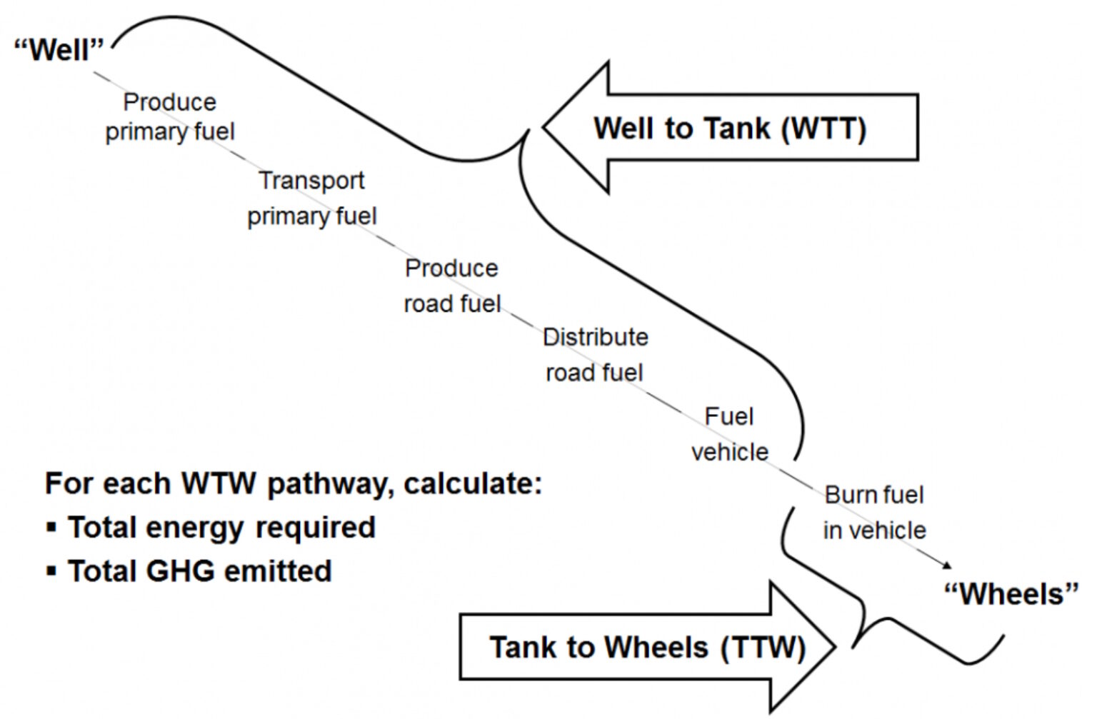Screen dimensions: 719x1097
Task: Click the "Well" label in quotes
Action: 59,50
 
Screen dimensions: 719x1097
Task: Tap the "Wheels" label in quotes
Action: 1011,594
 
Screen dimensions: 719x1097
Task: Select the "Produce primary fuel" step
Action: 170,117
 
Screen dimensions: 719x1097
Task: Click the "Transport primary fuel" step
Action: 311,198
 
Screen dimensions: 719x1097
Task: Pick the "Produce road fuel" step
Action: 451,286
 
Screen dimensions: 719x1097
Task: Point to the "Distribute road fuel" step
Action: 595,355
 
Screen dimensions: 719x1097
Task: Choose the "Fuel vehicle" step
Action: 729,434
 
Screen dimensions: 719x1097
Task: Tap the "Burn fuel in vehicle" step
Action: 874,513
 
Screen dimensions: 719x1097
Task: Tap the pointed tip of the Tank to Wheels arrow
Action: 833,648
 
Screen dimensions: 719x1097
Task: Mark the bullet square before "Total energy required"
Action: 51,528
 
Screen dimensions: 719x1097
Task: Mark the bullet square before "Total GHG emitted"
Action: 51,571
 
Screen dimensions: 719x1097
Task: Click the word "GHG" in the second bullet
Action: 181,571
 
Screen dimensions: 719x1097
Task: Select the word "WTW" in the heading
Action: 218,483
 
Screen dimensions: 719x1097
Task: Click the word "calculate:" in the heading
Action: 473,483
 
